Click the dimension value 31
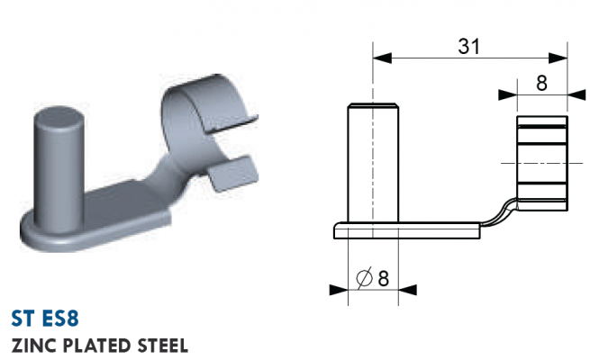click(468, 46)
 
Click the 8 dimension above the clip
click(541, 83)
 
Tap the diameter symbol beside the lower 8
click(364, 278)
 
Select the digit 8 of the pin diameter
click(383, 278)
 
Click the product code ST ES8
click(45, 319)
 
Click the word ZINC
click(34, 346)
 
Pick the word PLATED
click(97, 346)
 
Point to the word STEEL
click(162, 346)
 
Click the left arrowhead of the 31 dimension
click(382, 58)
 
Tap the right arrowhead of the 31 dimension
click(558, 58)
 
